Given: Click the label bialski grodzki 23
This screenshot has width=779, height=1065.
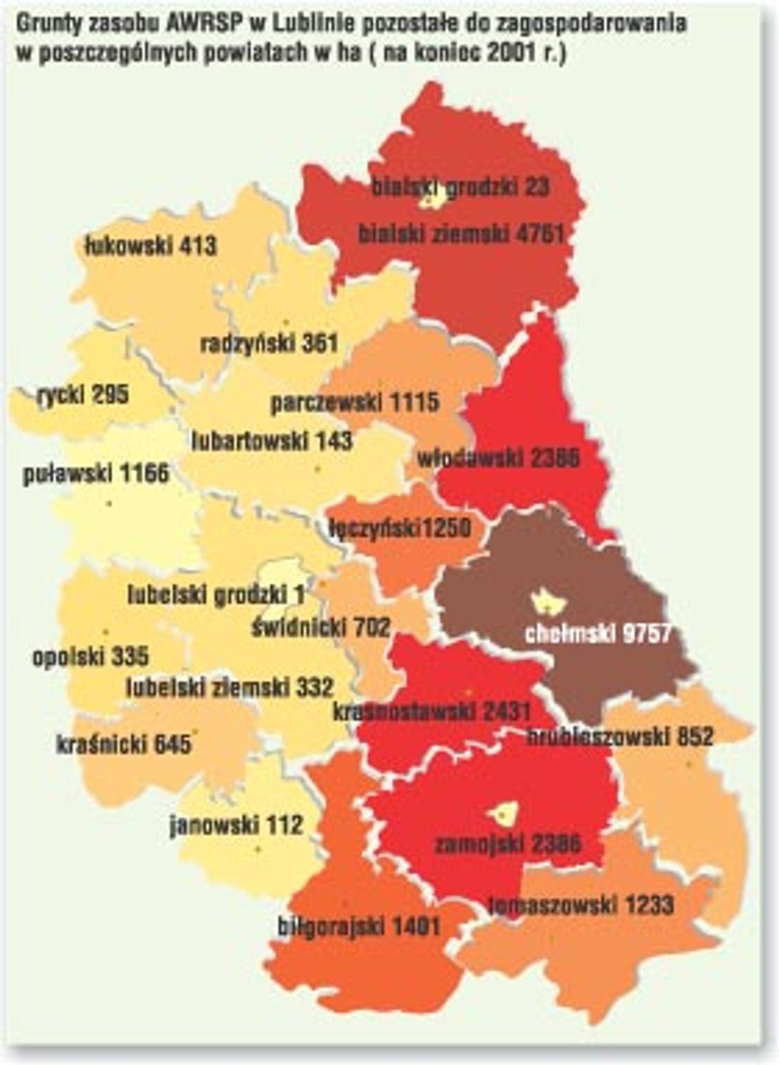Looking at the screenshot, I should (460, 187).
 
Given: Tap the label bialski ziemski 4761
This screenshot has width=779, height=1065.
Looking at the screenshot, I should (461, 234).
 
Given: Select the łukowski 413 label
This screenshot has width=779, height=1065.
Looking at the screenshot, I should (150, 245).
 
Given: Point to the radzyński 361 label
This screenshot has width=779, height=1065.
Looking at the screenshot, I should (269, 344).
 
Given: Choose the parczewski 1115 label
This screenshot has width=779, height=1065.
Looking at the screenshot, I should (355, 402).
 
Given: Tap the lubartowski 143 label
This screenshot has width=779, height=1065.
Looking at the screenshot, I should (271, 441).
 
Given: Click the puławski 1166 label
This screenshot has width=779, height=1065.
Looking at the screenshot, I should (96, 473).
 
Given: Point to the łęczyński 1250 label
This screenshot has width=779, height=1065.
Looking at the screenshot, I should (400, 527).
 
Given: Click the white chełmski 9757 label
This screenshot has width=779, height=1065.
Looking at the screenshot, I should (598, 634).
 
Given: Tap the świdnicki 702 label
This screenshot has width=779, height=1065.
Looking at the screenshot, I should (320, 626).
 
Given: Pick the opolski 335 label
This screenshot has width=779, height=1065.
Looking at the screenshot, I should (90, 657).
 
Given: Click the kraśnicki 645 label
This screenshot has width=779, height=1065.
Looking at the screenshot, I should (123, 743).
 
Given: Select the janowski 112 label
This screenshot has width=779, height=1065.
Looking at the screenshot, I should (236, 825).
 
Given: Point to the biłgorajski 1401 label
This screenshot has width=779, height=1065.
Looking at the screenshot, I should (359, 927).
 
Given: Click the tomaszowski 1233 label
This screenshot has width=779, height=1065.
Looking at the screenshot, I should (582, 905).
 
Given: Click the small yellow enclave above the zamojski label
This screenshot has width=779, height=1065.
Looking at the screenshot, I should (504, 813).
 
